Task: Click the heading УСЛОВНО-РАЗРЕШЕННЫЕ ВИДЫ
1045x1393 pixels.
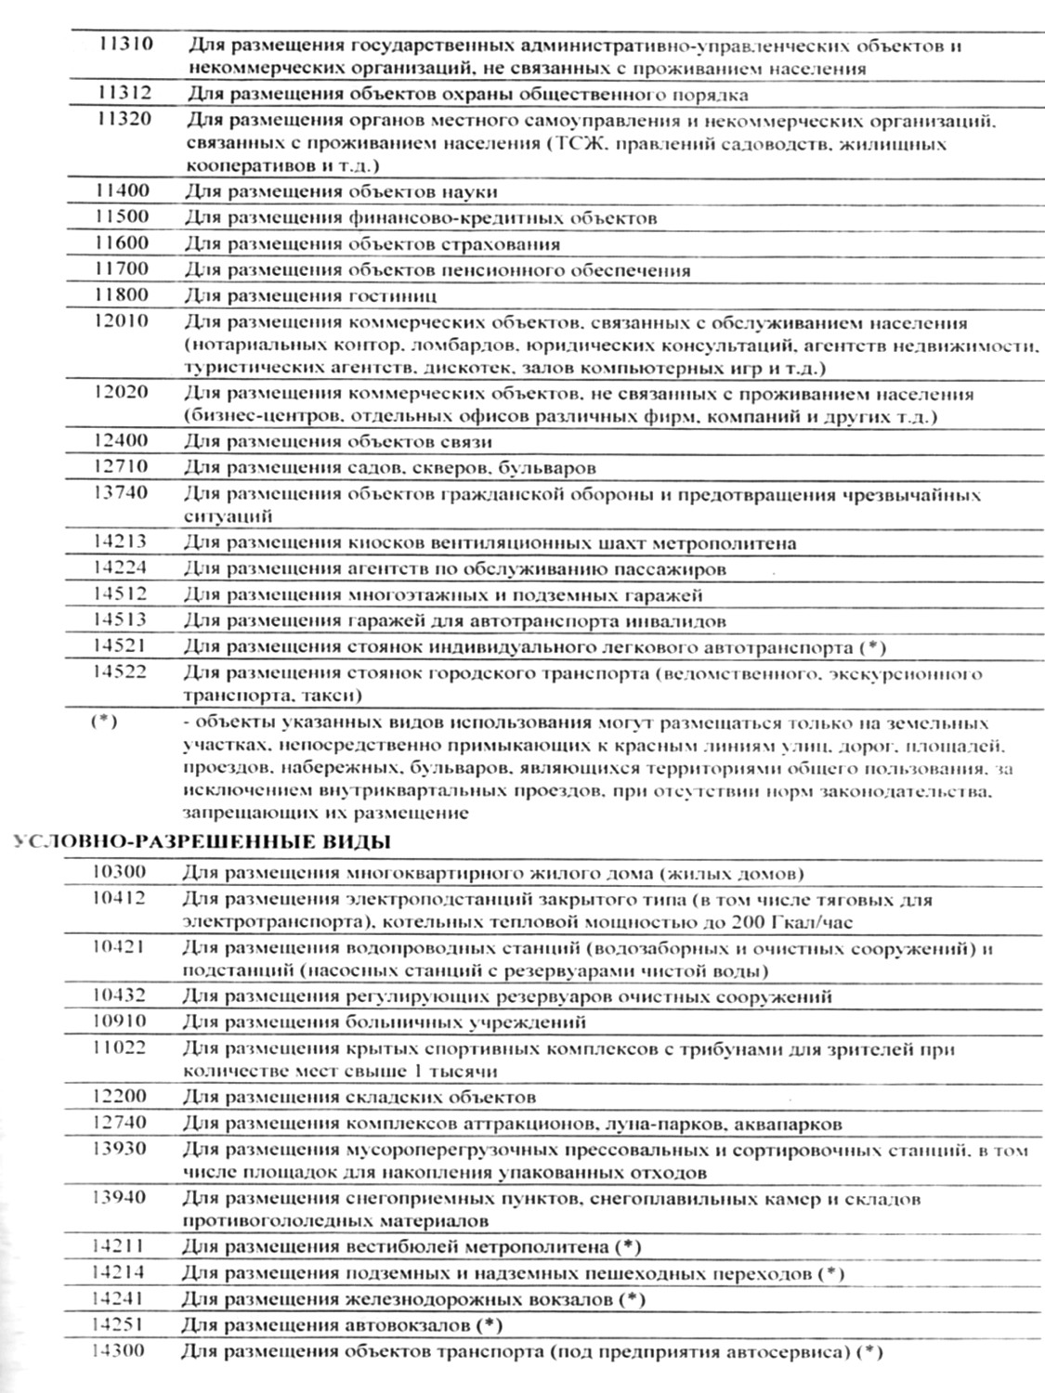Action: click(x=200, y=843)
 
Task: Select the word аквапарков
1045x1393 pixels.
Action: click(x=788, y=1124)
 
